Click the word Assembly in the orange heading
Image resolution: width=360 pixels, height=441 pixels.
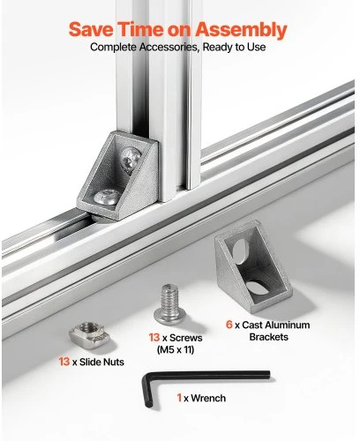tap(241, 30)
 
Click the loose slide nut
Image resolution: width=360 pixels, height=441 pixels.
tap(89, 335)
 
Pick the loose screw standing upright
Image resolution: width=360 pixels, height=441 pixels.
tap(169, 304)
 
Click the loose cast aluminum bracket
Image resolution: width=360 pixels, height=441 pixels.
tap(253, 266)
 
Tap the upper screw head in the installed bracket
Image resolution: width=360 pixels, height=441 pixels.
tap(131, 161)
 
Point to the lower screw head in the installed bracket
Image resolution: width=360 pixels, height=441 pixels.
tap(107, 197)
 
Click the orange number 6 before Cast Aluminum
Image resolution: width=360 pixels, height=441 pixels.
tap(229, 325)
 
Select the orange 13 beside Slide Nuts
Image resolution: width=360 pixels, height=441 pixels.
tap(64, 362)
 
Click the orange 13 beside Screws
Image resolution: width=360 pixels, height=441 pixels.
tap(154, 338)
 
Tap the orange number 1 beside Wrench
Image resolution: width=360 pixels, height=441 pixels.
tap(179, 398)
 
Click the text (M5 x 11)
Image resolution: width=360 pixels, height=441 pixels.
tap(176, 350)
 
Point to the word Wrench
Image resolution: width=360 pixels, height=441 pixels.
tap(208, 398)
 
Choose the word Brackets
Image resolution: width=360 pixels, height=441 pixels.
tap(268, 337)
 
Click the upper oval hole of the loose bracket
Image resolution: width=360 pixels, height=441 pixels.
tap(240, 250)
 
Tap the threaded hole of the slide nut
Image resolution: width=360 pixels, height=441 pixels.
tap(87, 327)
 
